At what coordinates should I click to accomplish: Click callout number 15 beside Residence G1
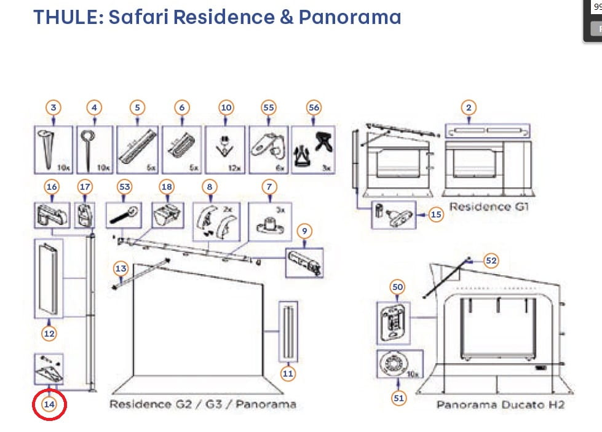click(x=436, y=214)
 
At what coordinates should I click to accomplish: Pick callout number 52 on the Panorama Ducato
click(x=491, y=260)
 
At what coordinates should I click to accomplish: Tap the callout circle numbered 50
click(x=397, y=288)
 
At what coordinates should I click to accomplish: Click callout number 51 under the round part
click(x=399, y=398)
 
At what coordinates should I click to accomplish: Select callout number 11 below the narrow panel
click(x=288, y=372)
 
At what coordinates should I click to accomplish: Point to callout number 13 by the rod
click(x=121, y=268)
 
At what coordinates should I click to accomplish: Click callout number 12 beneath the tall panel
click(x=49, y=334)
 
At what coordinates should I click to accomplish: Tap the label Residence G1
click(x=489, y=206)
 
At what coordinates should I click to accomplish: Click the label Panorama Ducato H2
click(x=500, y=405)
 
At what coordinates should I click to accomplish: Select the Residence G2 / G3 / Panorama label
click(x=202, y=404)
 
